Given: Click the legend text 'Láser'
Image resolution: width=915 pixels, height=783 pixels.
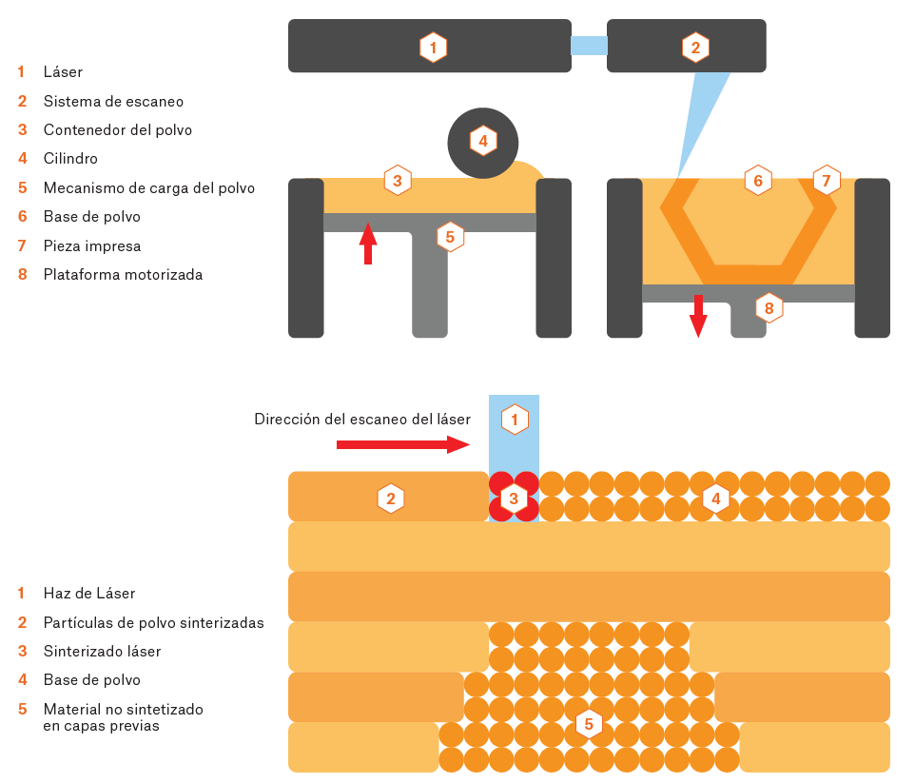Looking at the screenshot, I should click(63, 71).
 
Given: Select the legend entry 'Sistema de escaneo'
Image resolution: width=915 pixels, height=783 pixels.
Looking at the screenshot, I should click(113, 101).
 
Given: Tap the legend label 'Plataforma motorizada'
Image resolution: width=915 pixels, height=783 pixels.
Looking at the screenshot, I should click(123, 275).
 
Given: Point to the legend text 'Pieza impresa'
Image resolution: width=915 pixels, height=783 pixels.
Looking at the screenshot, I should click(92, 245).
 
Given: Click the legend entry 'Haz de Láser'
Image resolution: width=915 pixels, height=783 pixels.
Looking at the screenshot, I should click(89, 594).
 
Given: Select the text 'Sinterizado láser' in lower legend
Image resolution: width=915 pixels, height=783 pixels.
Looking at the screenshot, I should click(102, 652).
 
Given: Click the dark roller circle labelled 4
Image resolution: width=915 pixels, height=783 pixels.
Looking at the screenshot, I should click(482, 143).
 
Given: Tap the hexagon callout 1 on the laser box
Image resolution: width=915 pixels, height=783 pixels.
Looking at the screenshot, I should click(433, 47).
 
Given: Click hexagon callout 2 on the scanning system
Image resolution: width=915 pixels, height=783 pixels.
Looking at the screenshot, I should click(695, 47).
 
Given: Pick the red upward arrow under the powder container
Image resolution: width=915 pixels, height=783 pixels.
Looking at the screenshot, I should click(368, 243).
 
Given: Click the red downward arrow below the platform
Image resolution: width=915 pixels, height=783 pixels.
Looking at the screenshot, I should click(698, 316).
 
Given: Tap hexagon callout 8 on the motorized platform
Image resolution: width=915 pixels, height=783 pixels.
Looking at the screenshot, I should click(769, 307).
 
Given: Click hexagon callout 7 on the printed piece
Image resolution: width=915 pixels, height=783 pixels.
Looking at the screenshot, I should click(826, 180).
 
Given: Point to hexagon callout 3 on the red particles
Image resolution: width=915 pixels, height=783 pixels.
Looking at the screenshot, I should click(514, 497).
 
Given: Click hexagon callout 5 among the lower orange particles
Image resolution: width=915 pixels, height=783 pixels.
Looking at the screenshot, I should click(589, 724).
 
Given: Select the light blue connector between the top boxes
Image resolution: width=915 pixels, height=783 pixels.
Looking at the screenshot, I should click(589, 45).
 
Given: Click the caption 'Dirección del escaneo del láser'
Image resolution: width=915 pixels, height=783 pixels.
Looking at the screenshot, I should click(362, 419).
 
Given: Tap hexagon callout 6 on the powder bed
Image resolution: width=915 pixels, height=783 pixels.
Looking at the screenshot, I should click(757, 180).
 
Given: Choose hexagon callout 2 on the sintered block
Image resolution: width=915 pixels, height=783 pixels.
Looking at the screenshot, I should click(390, 497).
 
